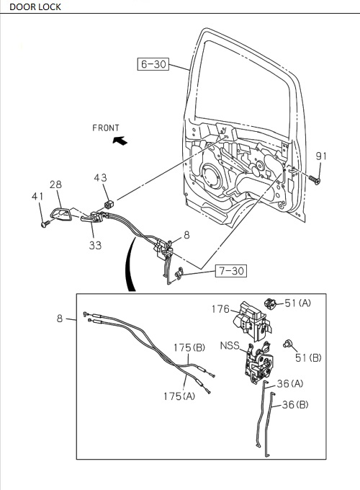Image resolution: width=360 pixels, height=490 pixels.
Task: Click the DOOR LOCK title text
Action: point(35,7)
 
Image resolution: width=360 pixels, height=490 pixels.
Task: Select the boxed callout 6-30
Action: point(153,64)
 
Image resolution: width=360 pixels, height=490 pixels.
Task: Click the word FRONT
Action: point(106,128)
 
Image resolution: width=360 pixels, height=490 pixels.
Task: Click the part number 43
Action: point(101,178)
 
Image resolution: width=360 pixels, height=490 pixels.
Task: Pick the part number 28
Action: point(56,184)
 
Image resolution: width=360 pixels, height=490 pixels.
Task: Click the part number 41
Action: point(37,197)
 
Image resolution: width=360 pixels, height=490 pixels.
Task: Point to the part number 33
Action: point(95,245)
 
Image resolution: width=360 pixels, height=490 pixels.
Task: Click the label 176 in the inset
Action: point(220,309)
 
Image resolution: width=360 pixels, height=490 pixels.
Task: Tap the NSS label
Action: point(230,346)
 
